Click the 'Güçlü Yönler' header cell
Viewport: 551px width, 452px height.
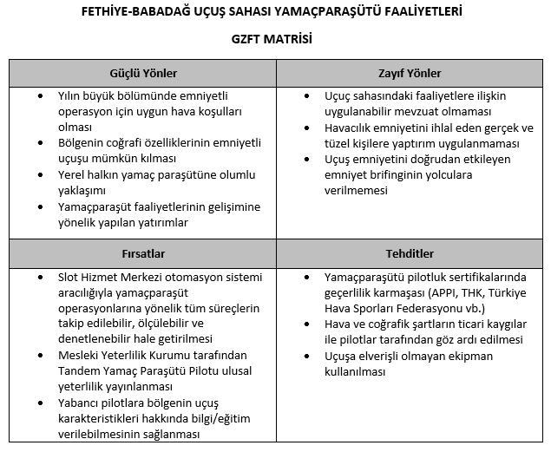[143, 73]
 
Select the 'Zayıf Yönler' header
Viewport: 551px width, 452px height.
[410, 73]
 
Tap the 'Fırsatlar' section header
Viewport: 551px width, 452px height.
[143, 255]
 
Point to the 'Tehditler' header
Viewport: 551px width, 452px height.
[410, 255]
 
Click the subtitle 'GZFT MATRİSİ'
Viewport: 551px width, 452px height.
[275, 39]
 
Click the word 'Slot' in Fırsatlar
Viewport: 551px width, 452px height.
[69, 277]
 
